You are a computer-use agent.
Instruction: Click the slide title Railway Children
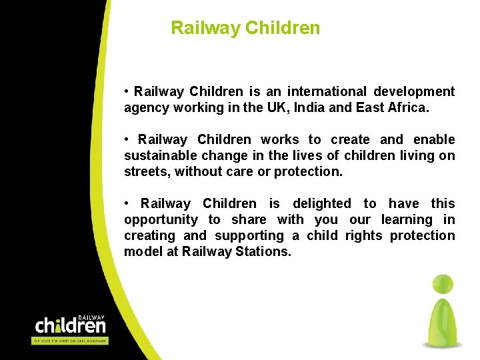click(245, 28)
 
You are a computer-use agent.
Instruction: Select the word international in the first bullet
click(327, 91)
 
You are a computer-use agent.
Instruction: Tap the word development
click(414, 91)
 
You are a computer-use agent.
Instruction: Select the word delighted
click(322, 203)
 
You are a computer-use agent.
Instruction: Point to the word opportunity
click(161, 219)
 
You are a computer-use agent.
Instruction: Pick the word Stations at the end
click(263, 251)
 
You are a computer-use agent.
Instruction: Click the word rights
click(364, 235)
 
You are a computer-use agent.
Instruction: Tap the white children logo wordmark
click(70, 325)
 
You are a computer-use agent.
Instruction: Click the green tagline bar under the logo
click(70, 341)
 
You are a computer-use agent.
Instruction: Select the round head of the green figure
click(442, 283)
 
